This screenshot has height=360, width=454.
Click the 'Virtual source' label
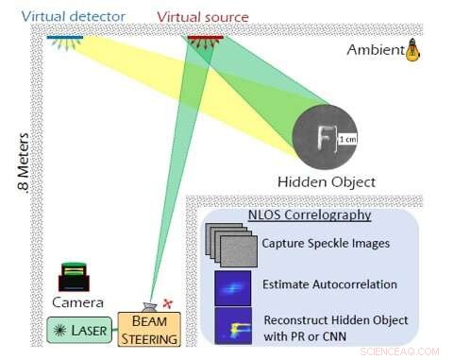[203, 16]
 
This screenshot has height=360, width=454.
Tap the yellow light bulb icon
[412, 50]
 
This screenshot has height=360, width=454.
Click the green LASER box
[79, 331]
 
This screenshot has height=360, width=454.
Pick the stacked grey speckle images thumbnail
[230, 244]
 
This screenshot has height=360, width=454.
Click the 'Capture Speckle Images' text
[325, 243]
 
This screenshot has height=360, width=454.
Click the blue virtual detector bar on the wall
[65, 38]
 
